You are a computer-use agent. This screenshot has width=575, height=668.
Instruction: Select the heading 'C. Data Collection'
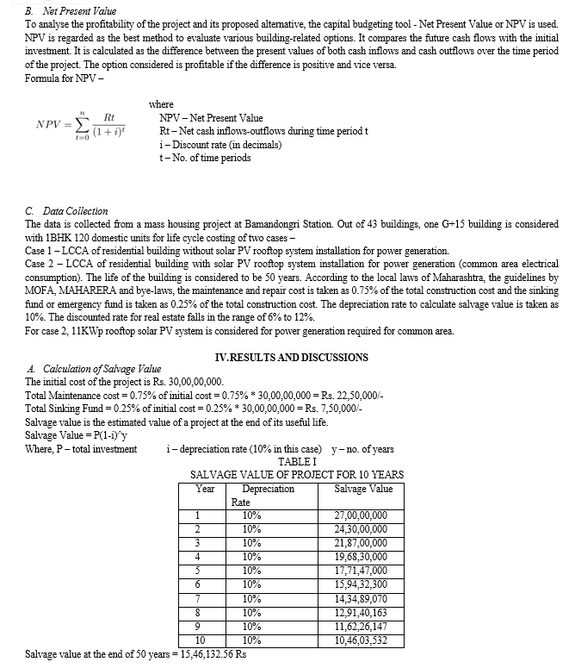[x=67, y=210]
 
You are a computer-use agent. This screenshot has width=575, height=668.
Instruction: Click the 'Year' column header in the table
[x=206, y=489]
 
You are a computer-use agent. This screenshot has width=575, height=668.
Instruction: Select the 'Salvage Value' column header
[x=362, y=489]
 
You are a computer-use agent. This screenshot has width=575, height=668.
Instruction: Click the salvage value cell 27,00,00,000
[x=360, y=515]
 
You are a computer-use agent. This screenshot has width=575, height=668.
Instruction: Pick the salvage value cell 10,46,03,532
[x=360, y=640]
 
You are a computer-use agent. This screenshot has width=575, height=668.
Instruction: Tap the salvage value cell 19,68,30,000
[x=360, y=557]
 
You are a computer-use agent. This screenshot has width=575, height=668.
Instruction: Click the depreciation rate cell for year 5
[x=252, y=571]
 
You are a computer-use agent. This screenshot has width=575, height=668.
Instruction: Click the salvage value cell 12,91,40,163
[x=360, y=612]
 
